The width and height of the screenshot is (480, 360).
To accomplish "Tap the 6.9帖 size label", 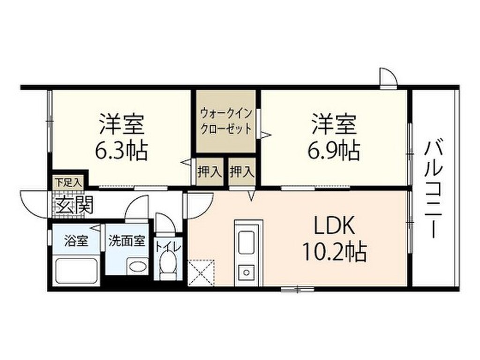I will pyautogui.click(x=334, y=151).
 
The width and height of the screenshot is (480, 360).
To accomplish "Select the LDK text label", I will pyautogui.click(x=334, y=227).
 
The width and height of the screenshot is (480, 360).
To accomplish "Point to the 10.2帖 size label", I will pyautogui.click(x=334, y=253).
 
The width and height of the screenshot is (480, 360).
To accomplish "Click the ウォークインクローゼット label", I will pyautogui.click(x=226, y=121).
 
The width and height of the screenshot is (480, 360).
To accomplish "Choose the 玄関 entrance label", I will pyautogui.click(x=74, y=205).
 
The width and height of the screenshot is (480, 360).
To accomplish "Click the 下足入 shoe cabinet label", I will pyautogui.click(x=68, y=182).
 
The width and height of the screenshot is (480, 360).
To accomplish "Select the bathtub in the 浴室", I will pyautogui.click(x=76, y=270).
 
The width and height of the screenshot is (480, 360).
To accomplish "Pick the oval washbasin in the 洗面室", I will pyautogui.click(x=137, y=267).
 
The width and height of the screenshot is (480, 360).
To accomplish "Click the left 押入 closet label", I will pyautogui.click(x=209, y=172).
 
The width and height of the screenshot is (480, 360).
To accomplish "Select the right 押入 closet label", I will pyautogui.click(x=242, y=172).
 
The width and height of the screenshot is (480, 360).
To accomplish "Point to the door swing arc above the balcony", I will pyautogui.click(x=388, y=78).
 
